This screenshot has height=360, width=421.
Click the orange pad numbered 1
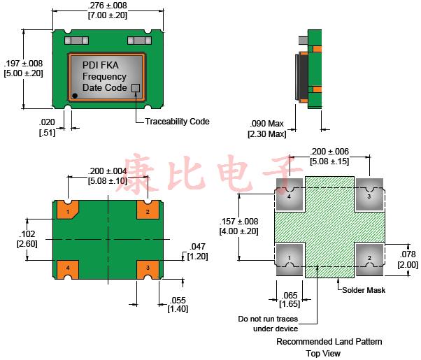point(69,209)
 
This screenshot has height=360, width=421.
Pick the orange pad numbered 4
point(69,268)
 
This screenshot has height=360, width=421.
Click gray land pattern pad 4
point(290,195)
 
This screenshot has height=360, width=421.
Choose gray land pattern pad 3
point(370,195)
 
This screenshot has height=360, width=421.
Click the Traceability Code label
point(177,121)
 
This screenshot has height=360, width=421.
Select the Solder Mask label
point(366,289)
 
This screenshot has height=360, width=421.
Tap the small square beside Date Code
point(136,89)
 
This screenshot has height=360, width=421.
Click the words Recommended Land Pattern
point(329,342)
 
